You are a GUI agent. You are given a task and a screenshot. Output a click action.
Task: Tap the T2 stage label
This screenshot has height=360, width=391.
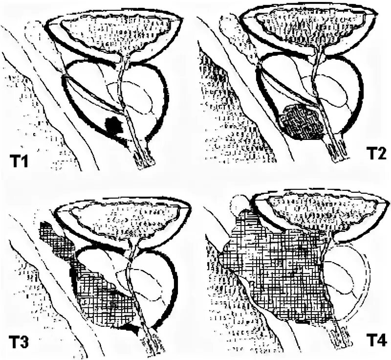click(375, 156)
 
